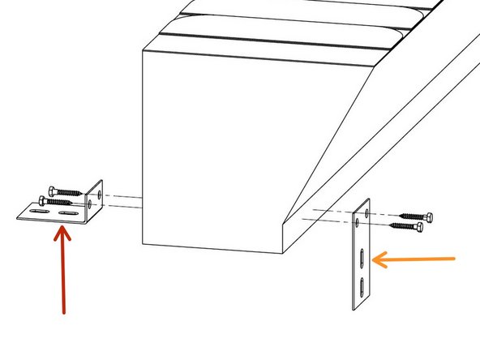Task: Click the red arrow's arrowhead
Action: point(62,234)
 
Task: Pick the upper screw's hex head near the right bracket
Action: point(427,216)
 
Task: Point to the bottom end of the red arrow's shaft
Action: point(63,311)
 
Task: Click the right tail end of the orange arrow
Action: point(456,259)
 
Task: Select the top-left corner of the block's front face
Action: point(142,51)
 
